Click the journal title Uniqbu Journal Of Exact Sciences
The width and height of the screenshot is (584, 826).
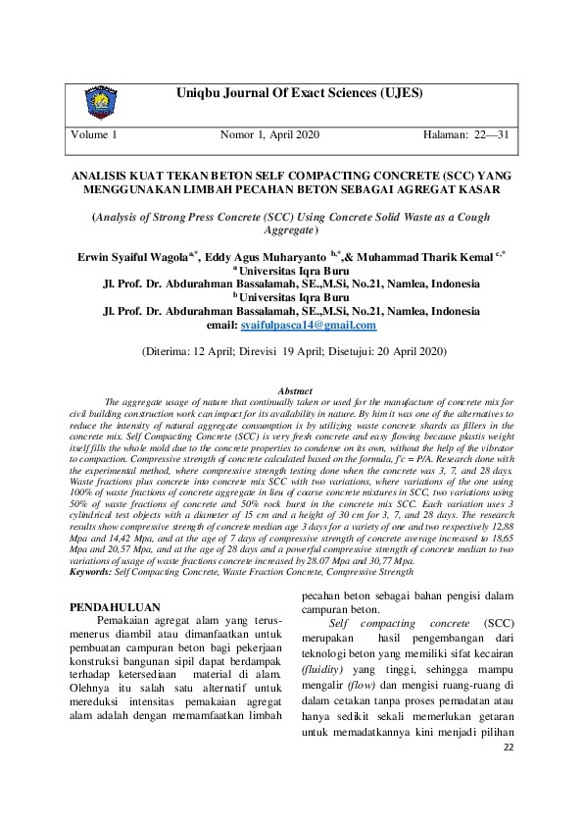(299, 94)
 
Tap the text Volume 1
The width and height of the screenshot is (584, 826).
(94, 133)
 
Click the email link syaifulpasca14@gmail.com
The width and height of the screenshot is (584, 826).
(308, 325)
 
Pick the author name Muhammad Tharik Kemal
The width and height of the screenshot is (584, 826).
(429, 256)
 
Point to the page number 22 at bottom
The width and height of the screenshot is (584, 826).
(508, 775)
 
